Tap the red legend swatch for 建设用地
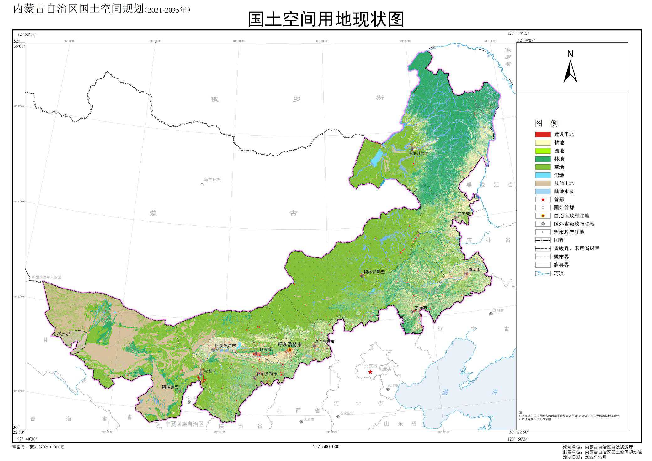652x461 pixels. coord(543,135)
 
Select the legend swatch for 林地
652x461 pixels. coord(543,159)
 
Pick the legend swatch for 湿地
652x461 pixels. coord(543,175)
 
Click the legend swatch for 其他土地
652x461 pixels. coord(543,183)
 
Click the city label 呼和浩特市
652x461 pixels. coord(290,344)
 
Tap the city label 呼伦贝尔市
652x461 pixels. coord(418,153)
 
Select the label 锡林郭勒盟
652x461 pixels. coord(374,272)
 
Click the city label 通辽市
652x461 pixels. coord(474,269)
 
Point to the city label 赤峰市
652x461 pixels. coord(421,308)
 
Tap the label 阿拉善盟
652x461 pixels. coord(170,387)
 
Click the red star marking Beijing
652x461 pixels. coord(370,372)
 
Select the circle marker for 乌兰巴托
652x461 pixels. coord(202,185)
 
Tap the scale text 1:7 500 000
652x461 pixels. coord(326,447)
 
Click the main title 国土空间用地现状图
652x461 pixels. coord(326,19)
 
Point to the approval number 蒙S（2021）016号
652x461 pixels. coord(47,447)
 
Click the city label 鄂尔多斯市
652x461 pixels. coord(267,374)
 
